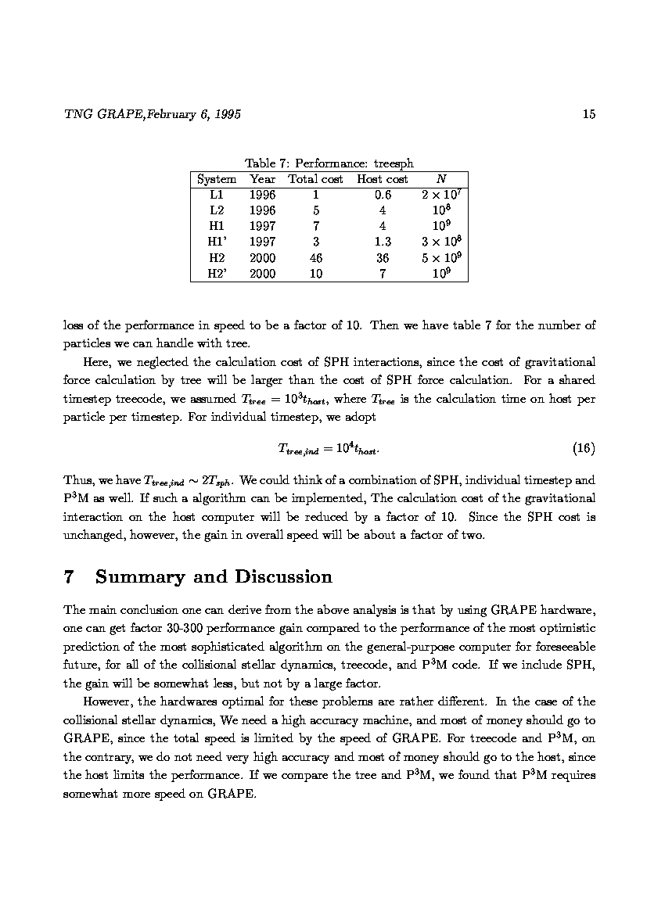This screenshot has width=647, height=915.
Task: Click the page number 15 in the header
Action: pyautogui.click(x=589, y=115)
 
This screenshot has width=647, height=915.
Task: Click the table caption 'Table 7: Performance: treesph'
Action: pyautogui.click(x=329, y=163)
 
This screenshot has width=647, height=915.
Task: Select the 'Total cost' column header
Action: pyautogui.click(x=315, y=179)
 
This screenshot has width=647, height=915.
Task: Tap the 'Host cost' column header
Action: pyautogui.click(x=383, y=179)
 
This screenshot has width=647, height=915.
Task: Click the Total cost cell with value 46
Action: pyautogui.click(x=315, y=258)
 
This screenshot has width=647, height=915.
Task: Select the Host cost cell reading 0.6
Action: pyautogui.click(x=383, y=196)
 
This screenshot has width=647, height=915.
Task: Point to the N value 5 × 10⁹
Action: pyautogui.click(x=440, y=258)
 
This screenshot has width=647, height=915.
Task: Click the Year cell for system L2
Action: pyautogui.click(x=262, y=211)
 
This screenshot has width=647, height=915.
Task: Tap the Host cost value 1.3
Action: pyautogui.click(x=383, y=242)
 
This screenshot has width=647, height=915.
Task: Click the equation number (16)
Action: pyautogui.click(x=584, y=449)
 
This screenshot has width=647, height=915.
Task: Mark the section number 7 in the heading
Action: pyautogui.click(x=69, y=577)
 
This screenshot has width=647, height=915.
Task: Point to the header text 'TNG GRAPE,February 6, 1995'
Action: pyautogui.click(x=152, y=115)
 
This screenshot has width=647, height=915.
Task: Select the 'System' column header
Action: pyautogui.click(x=217, y=179)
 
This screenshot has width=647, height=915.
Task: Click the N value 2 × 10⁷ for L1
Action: pyautogui.click(x=440, y=196)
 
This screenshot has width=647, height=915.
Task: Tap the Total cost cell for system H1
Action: pyautogui.click(x=315, y=227)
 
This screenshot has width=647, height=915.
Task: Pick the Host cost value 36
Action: pyautogui.click(x=383, y=258)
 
